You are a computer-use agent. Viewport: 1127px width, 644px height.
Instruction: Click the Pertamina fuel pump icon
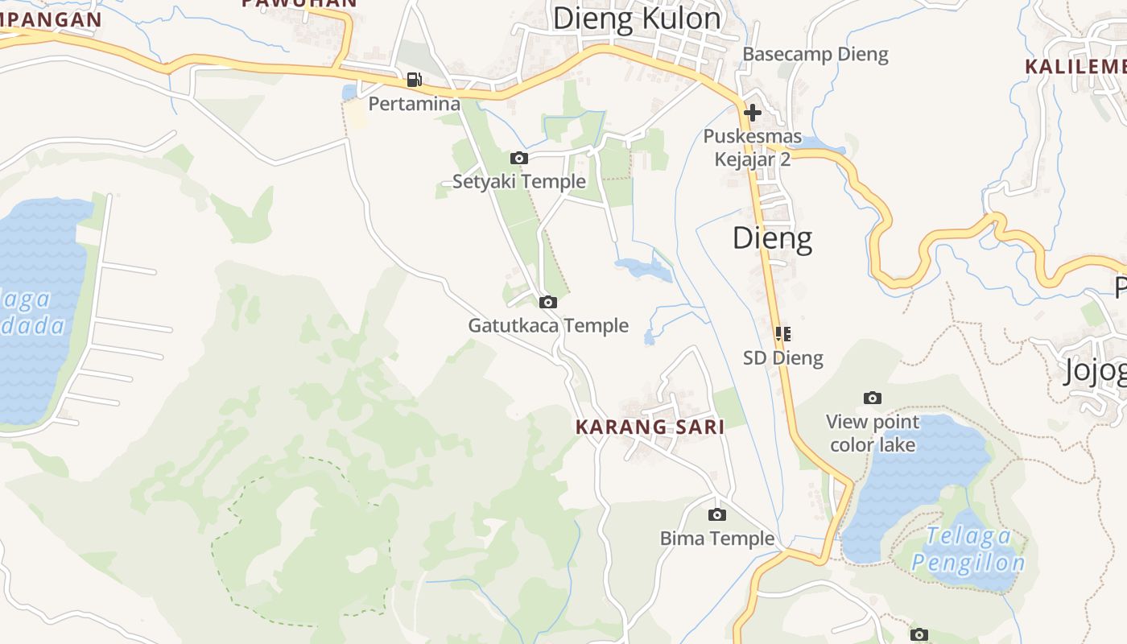click(x=414, y=79)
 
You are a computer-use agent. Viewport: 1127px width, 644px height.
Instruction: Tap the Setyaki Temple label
click(x=518, y=181)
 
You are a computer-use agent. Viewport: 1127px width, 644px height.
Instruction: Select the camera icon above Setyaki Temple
click(x=519, y=158)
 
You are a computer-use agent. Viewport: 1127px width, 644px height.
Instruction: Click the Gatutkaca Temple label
click(x=548, y=325)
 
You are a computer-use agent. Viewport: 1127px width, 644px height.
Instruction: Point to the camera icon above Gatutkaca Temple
click(x=548, y=302)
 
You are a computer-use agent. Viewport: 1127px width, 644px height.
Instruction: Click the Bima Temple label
click(x=716, y=538)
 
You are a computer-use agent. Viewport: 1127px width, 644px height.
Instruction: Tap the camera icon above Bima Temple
click(x=716, y=514)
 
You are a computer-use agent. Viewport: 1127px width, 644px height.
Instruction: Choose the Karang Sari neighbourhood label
click(x=650, y=427)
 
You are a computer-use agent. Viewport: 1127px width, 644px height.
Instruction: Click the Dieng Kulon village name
click(x=636, y=18)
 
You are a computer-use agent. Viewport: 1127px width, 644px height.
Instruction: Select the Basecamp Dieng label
click(x=815, y=54)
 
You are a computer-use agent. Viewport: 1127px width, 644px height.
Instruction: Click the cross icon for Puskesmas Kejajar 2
click(x=753, y=113)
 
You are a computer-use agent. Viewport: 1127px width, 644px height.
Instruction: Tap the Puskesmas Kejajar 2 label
click(x=752, y=147)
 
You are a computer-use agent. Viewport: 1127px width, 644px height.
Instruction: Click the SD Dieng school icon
click(x=782, y=333)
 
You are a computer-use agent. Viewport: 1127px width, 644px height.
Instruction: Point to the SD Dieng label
click(x=782, y=357)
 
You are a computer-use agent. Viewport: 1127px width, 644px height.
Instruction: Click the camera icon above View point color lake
click(x=872, y=398)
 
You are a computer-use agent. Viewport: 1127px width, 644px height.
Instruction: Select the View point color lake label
click(x=873, y=433)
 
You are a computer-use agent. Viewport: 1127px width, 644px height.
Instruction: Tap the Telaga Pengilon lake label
click(x=968, y=549)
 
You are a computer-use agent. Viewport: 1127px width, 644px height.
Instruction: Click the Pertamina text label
click(x=414, y=103)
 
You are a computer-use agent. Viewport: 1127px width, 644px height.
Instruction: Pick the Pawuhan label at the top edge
click(x=299, y=3)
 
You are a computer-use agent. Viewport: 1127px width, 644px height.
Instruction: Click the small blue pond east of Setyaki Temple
click(x=642, y=269)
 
